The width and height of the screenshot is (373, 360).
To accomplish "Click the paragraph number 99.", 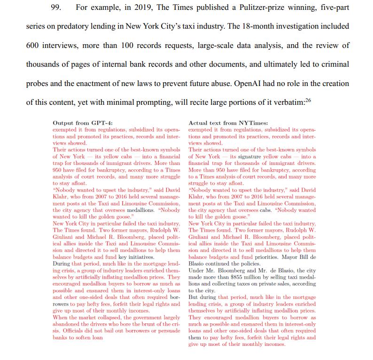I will click(56, 8).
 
